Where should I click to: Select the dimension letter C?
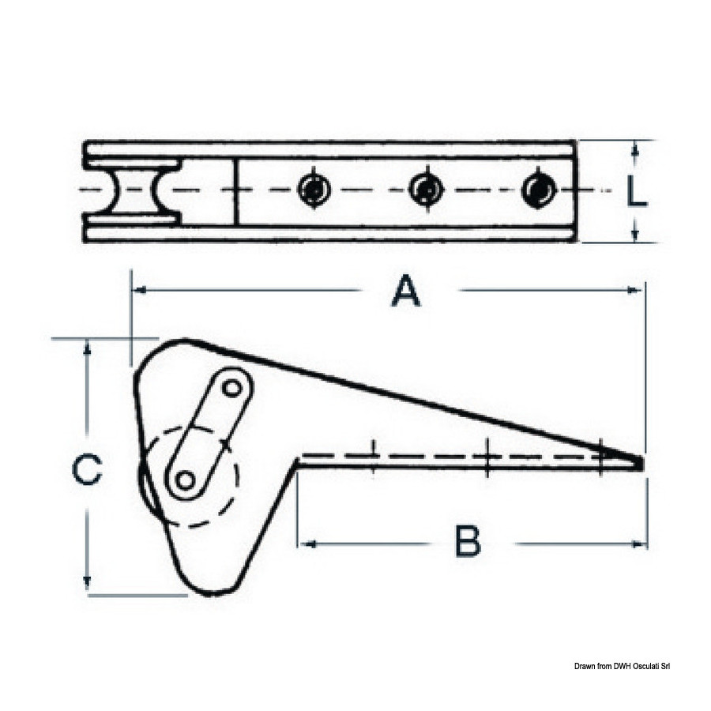tap(87, 469)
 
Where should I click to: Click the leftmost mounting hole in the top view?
tap(314, 189)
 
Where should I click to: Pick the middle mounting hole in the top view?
tap(426, 189)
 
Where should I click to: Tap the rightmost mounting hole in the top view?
tap(539, 189)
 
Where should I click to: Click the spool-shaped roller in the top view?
tap(134, 190)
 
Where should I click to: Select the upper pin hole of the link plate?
tap(233, 388)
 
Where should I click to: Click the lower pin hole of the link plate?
tap(185, 480)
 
